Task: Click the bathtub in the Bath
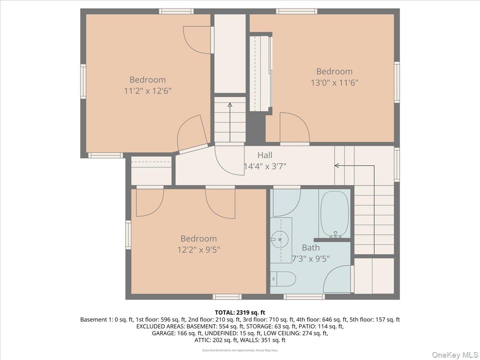pos(334,214)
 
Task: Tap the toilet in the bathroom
pos(283,279)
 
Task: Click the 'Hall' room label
pos(265,155)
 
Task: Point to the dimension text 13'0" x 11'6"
pos(334,83)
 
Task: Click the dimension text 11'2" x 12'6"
pos(148,91)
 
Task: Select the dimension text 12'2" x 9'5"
pos(199,250)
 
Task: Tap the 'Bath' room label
pos(311,248)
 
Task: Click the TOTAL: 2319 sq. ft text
pos(240,312)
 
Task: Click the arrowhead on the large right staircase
pos(337,165)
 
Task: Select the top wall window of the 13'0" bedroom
pos(296,11)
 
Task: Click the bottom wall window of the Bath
pos(304,296)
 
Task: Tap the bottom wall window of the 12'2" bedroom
pos(227,296)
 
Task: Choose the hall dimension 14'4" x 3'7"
pos(265,166)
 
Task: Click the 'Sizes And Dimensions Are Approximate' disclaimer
pos(240,350)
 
